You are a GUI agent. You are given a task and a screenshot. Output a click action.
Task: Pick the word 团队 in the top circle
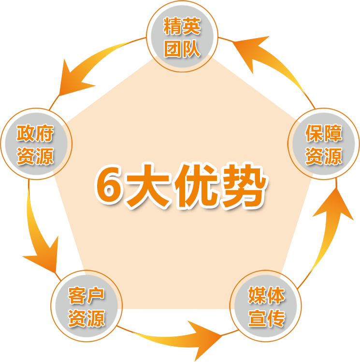pos(182,49)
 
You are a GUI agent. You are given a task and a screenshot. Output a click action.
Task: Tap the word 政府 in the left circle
pos(35,134)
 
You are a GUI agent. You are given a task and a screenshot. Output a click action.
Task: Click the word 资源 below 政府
pos(35,156)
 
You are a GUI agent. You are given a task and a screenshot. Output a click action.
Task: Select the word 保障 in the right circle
pos(324,134)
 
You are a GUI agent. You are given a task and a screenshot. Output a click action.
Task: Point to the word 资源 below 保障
pos(324,156)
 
